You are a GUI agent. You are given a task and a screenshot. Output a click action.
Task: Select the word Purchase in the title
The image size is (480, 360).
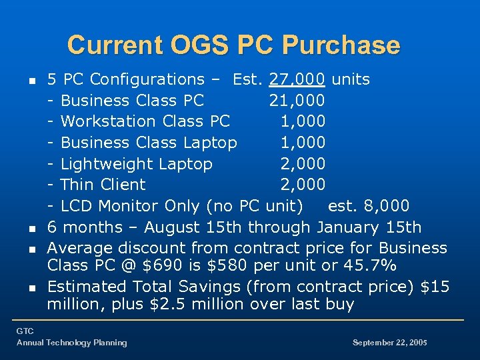pos(341,45)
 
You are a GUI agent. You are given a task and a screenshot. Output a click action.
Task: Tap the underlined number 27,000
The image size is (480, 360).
pos(297,79)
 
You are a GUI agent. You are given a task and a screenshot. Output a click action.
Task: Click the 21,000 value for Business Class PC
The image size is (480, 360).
pos(297,101)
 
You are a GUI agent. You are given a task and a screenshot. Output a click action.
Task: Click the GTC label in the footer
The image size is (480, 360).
pos(25,331)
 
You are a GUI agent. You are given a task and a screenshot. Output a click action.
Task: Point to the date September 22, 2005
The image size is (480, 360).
pos(389,343)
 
